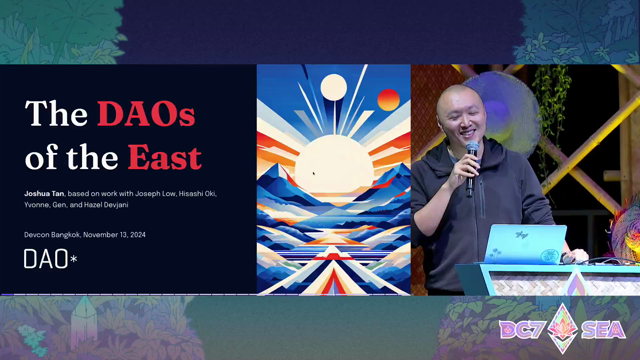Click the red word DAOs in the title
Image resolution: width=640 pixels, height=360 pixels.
coord(146,113)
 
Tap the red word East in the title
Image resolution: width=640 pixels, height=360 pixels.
coord(164,157)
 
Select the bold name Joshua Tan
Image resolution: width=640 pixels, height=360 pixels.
coord(44,193)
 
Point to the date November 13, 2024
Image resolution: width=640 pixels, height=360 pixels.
coord(114,235)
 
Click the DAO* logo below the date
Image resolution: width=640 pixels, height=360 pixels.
coord(50,259)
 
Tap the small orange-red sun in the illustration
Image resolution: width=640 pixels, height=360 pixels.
coord(388,100)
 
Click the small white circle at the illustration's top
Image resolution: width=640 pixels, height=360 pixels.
coord(333,87)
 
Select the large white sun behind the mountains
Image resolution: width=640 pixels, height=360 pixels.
coord(334,164)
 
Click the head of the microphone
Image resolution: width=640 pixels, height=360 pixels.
coord(472,148)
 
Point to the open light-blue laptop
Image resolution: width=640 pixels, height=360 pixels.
coord(525,244)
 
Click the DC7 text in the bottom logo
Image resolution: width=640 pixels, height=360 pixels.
coord(522,330)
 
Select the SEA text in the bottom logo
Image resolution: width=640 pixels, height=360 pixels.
coord(603,330)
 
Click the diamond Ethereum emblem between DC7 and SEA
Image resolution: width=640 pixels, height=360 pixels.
coord(563,328)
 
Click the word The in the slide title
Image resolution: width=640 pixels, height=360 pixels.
coord(56,113)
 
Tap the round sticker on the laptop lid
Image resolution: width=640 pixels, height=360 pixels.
coord(549,256)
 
